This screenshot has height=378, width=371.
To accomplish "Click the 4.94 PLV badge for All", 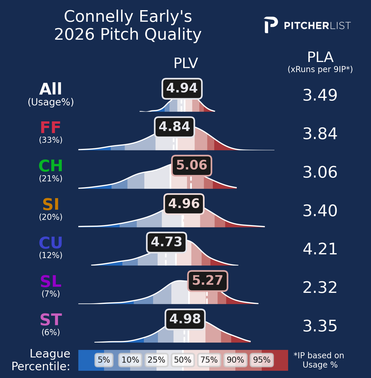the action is click(182, 89).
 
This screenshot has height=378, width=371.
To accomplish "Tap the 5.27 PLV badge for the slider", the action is click(208, 281).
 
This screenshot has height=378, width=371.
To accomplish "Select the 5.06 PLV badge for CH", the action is click(192, 166).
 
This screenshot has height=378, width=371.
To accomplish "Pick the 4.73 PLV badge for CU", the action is click(166, 242).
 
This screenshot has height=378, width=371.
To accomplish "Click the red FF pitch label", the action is click(50, 127).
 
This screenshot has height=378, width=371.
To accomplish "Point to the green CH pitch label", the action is click(51, 166).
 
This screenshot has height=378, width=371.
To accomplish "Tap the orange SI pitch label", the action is click(51, 204).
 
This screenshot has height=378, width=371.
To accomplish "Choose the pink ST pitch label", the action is click(51, 320).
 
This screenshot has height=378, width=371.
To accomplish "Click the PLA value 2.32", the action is click(320, 288).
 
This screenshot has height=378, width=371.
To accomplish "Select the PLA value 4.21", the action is click(320, 249).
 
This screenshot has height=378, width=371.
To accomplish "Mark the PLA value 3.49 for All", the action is click(320, 95).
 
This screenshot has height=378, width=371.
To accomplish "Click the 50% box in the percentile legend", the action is click(183, 360).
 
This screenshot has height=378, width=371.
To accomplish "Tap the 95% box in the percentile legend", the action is click(262, 360).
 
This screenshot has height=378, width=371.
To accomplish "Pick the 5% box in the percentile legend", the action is click(104, 360).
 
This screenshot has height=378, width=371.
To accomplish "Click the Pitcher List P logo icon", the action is click(271, 25).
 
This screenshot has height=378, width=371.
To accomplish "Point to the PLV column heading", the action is click(186, 63).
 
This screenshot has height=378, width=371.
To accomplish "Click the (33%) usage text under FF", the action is click(51, 140).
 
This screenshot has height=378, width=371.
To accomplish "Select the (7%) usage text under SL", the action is click(51, 294).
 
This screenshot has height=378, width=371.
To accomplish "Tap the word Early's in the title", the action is click(165, 17).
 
